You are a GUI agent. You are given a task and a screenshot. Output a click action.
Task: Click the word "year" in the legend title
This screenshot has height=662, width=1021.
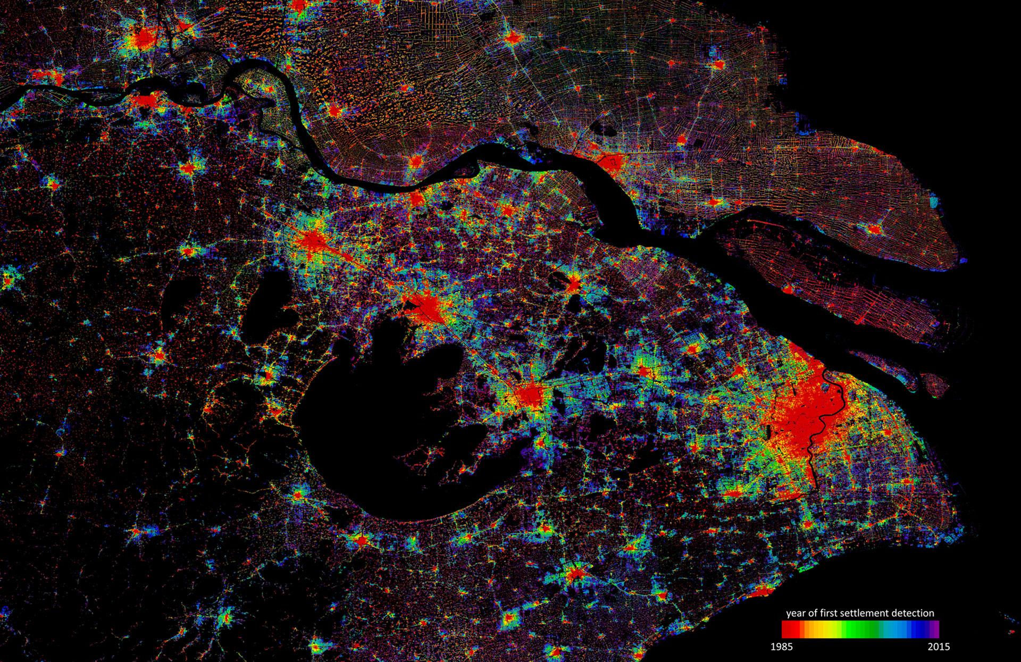796,613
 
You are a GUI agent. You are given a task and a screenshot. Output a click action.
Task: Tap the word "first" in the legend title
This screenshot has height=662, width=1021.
830,613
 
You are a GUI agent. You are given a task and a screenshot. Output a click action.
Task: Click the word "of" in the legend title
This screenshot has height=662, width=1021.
813,613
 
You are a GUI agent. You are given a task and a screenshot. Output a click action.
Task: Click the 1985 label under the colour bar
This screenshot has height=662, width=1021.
781,647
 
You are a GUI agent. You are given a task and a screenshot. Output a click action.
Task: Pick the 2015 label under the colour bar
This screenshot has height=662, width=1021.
939,647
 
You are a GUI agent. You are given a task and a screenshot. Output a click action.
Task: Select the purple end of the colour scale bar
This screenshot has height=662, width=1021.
935,629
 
